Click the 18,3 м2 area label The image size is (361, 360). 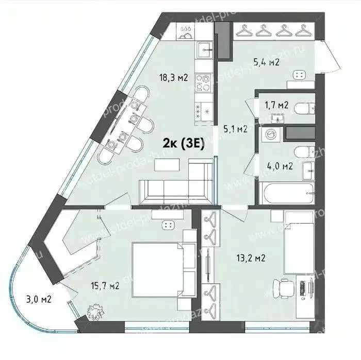pos(173,78)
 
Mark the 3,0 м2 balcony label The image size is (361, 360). pos(39,298)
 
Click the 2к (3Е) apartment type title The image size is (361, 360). pos(184,144)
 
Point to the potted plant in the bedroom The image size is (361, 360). pos(95,311)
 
